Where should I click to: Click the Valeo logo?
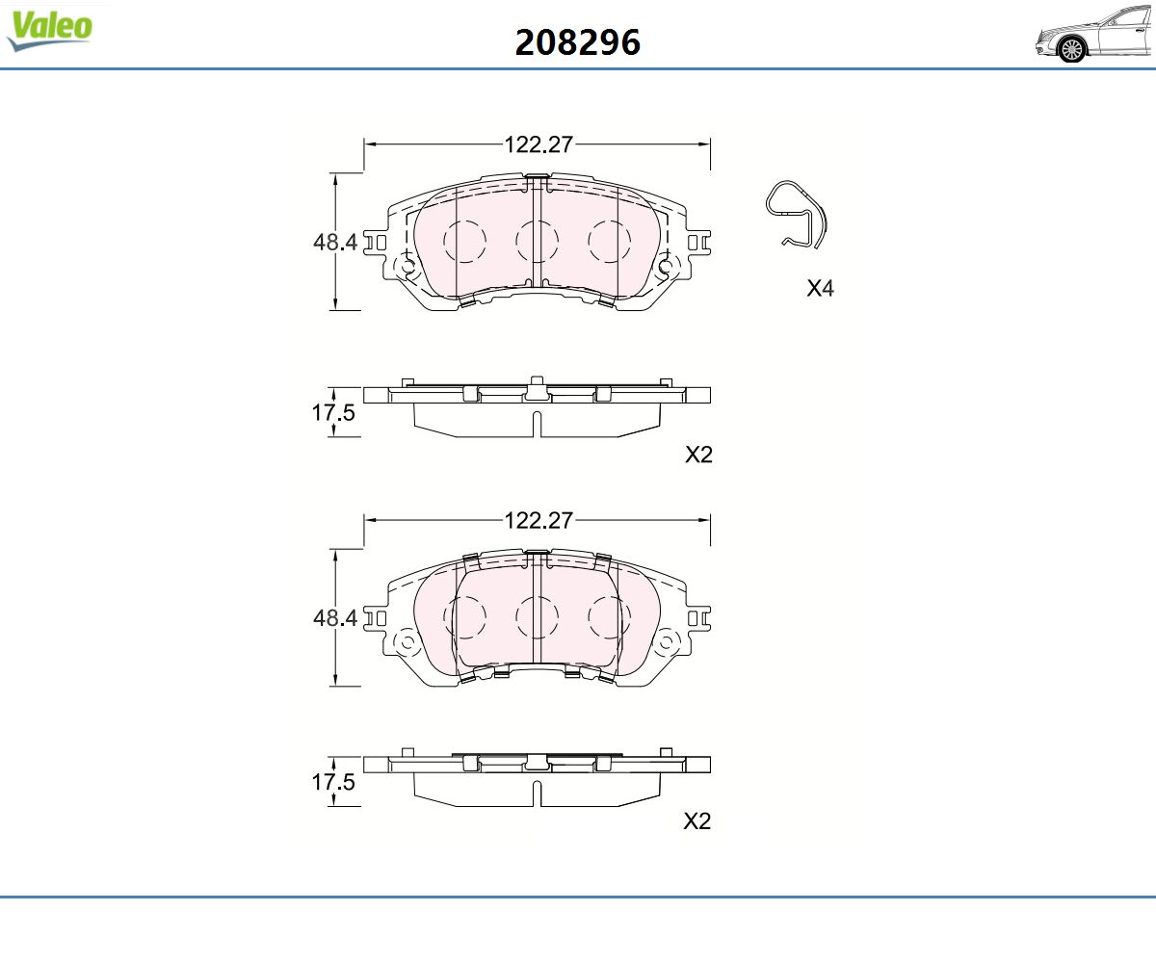50,30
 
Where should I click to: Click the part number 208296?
577,42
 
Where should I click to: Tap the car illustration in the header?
1095,35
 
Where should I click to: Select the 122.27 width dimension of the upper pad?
539,144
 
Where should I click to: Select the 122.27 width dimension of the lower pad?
539,520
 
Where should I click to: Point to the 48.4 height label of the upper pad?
335,242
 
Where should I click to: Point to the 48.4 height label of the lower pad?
335,617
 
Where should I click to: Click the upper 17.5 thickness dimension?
332,412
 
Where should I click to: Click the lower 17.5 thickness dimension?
332,782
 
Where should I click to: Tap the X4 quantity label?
820,288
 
